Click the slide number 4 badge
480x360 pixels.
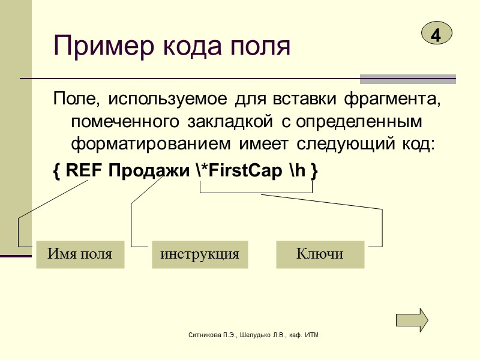point(436,34)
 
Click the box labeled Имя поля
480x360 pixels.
point(80,254)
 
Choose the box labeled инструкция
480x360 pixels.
point(200,254)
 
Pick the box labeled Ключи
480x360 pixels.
point(320,254)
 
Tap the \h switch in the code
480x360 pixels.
point(297,171)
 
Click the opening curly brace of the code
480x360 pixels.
point(56,171)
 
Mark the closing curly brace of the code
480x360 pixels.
point(314,171)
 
